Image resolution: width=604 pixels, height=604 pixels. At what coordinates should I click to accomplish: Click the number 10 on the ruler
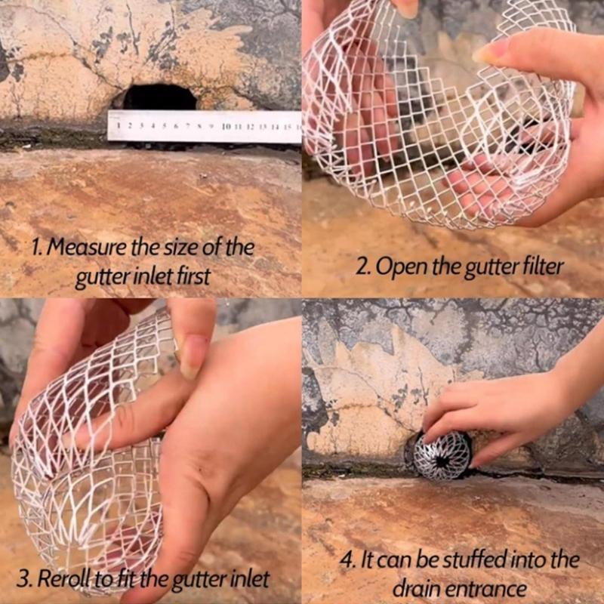coord(226,127)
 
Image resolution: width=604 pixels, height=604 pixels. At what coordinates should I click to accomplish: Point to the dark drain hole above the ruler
coord(159,97)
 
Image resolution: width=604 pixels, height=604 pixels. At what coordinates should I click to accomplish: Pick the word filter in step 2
coord(542,266)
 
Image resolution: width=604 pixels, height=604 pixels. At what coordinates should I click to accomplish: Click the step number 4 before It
coord(347,561)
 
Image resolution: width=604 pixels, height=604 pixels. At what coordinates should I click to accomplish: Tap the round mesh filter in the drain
coord(442,456)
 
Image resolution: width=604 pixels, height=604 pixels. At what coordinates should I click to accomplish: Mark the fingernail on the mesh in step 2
coord(491,51)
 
